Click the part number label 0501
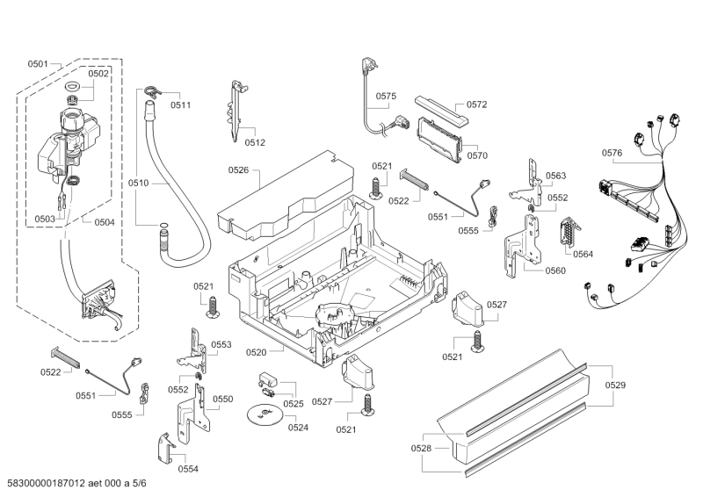click(x=38, y=64)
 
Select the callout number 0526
click(x=238, y=169)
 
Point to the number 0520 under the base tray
click(x=256, y=351)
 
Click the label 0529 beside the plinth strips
click(x=615, y=385)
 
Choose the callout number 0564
click(x=583, y=254)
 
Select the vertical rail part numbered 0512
click(x=235, y=110)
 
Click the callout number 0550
click(x=223, y=399)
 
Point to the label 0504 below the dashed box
click(x=104, y=222)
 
